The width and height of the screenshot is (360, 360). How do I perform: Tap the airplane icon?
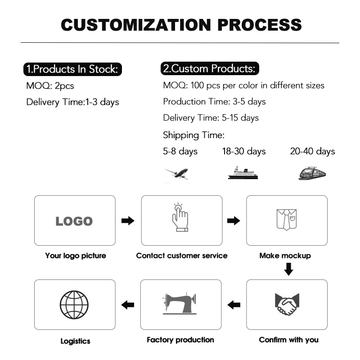[x=176, y=173]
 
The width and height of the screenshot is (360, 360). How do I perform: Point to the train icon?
[x=312, y=173]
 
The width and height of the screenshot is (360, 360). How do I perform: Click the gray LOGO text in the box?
[x=74, y=221]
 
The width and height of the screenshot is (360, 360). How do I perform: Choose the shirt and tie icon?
[x=287, y=219]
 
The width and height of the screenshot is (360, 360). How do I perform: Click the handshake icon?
[x=287, y=305]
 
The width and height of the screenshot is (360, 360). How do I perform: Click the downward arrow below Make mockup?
[x=288, y=270]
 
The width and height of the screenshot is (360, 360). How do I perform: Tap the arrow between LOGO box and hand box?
[x=128, y=221]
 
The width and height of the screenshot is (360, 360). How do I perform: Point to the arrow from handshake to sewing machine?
[x=234, y=305]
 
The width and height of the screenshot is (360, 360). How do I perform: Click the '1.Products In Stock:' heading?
[x=72, y=69]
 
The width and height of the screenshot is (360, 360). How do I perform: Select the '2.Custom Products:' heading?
[x=209, y=69]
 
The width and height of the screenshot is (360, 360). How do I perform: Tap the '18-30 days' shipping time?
[x=244, y=151]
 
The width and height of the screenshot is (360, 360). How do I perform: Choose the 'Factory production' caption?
[x=180, y=340]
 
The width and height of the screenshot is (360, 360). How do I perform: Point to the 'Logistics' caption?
[x=76, y=341]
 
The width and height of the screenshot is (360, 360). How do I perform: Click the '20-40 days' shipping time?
[x=312, y=151]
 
